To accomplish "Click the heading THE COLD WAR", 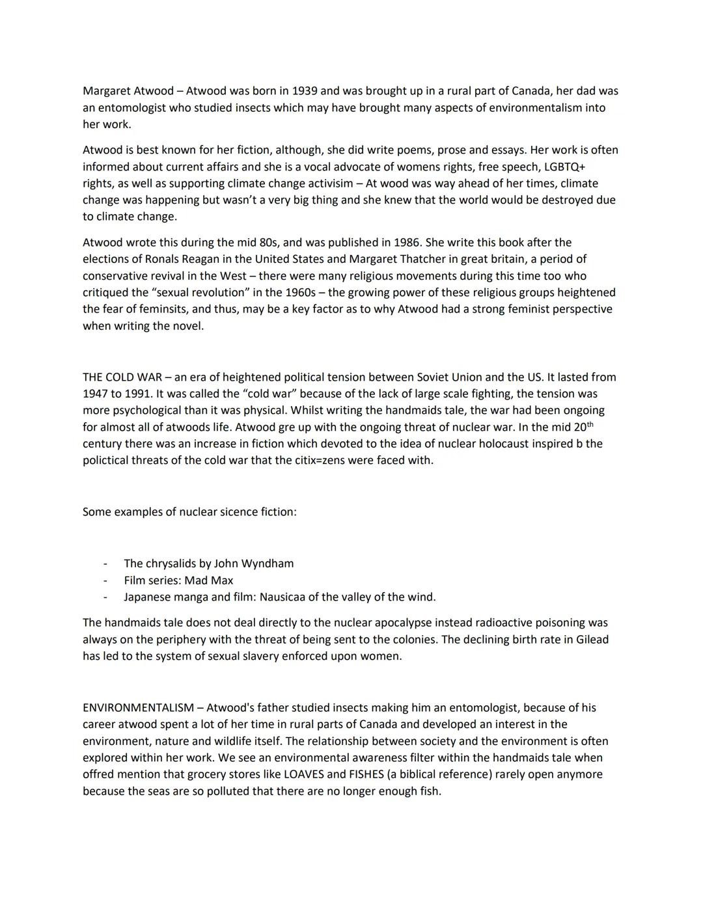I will point(122,377).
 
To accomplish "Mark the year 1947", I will point(96,394).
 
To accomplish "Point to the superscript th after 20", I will point(590,424).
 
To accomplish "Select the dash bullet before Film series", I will point(105,580).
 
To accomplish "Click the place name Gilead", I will point(592,640).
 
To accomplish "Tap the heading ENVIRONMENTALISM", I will point(138,708).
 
